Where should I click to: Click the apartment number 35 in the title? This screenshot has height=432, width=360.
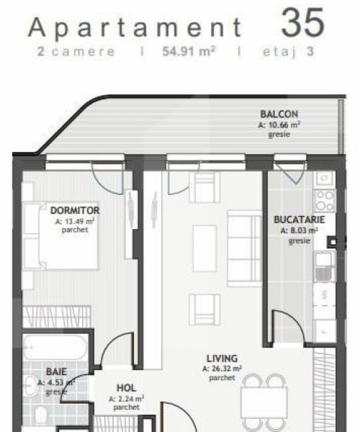303,24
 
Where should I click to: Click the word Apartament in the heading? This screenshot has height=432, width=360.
136,27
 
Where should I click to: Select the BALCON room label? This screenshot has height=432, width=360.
279,114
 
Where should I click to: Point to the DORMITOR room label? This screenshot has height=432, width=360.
75,210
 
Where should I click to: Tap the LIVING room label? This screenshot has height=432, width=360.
222,358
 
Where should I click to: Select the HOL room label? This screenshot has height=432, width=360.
126,388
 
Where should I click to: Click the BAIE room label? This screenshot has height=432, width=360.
56,372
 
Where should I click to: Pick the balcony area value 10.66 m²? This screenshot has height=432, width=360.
279,125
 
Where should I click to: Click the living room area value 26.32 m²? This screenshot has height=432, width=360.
222,369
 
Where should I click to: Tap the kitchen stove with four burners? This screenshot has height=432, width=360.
325,200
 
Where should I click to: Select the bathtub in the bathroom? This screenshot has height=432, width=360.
56,349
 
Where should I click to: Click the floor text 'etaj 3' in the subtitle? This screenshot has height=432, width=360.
287,52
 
